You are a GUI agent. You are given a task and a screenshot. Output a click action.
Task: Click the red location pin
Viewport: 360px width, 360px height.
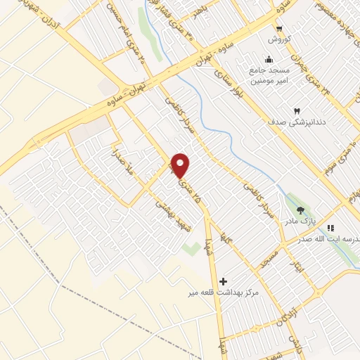[x=181, y=165]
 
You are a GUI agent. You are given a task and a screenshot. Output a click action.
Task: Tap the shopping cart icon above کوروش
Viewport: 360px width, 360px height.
[x=280, y=29]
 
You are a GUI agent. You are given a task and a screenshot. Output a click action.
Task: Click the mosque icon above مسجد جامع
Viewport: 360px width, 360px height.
[x=268, y=59]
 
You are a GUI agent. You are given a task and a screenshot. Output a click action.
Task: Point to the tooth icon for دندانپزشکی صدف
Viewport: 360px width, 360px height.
[x=296, y=111]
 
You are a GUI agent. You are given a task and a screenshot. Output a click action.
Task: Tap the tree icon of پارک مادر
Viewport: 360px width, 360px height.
[x=301, y=210]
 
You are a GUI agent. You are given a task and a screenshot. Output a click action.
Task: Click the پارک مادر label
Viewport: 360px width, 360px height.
[x=301, y=221]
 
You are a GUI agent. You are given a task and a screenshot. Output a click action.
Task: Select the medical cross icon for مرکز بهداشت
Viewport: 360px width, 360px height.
[x=224, y=281]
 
